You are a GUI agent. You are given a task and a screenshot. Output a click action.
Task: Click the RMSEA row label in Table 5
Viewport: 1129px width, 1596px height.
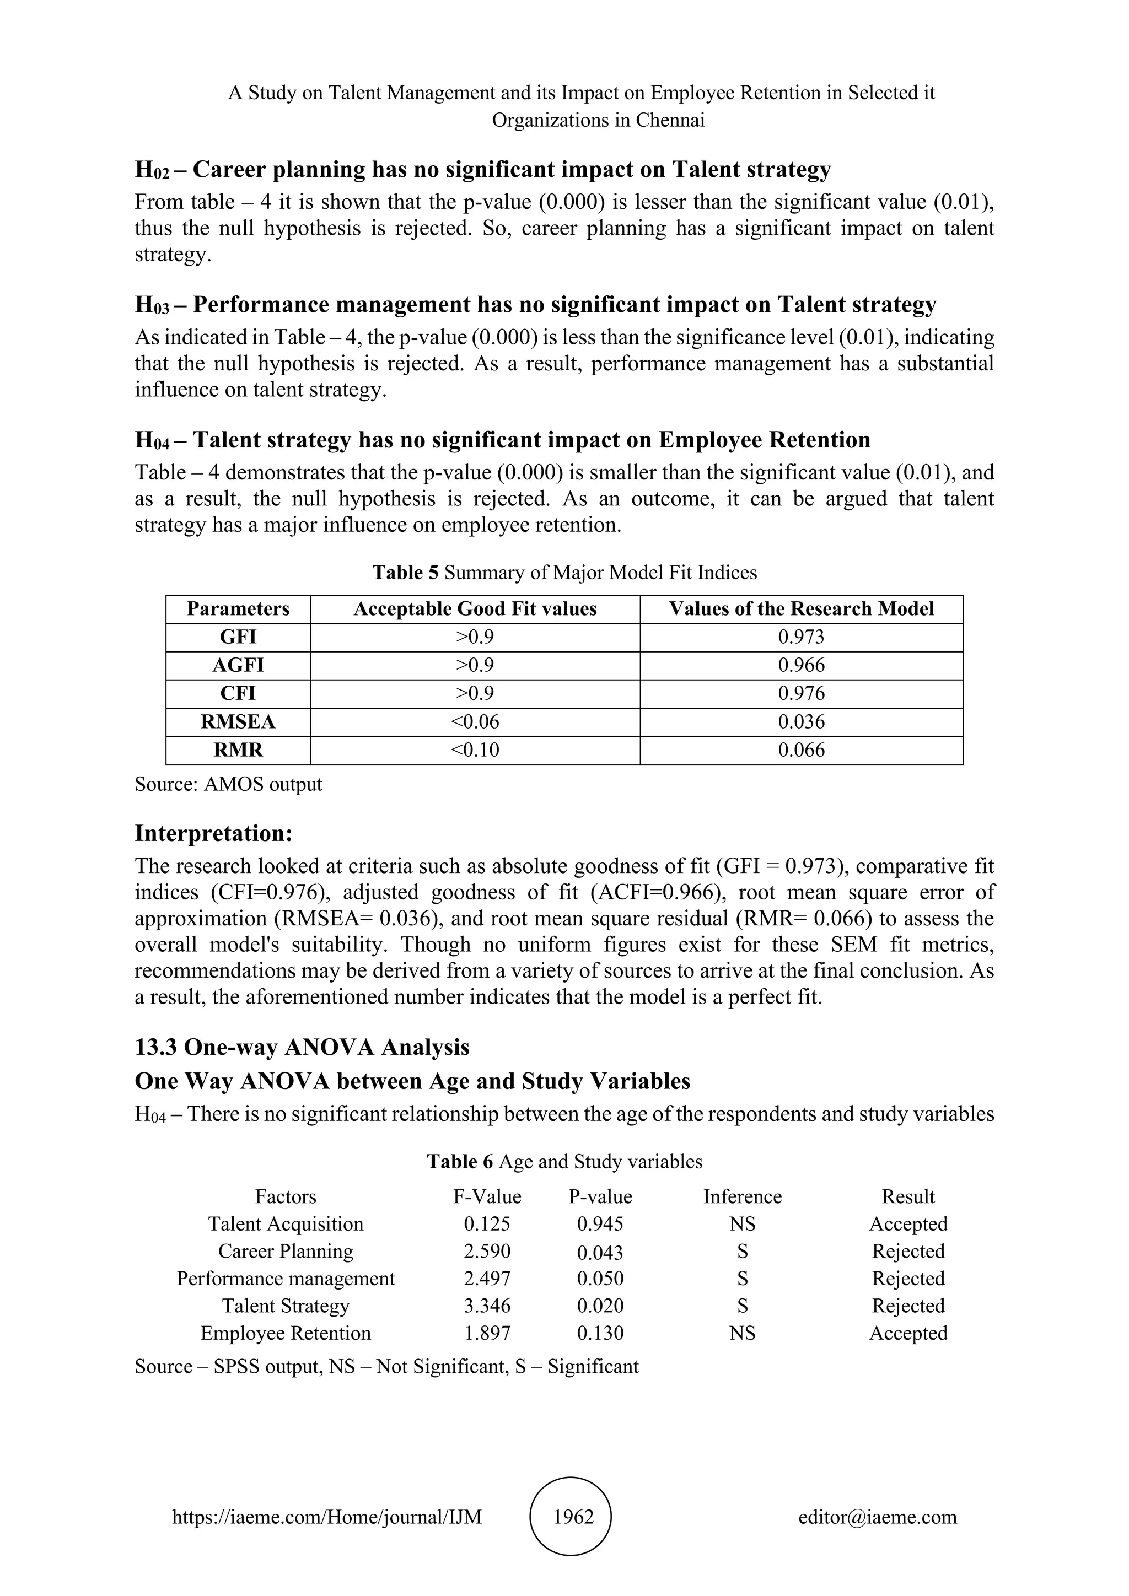[238, 721]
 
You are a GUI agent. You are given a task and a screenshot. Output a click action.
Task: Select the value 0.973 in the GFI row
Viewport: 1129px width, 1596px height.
[801, 637]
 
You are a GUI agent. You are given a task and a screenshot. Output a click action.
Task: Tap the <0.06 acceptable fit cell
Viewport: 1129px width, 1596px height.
[475, 721]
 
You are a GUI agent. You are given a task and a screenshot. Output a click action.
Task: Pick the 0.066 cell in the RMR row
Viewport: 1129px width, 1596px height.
[801, 750]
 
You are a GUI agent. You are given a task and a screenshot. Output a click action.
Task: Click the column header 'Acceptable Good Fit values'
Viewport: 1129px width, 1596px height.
[475, 609]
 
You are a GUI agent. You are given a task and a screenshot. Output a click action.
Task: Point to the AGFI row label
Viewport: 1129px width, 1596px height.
[238, 665]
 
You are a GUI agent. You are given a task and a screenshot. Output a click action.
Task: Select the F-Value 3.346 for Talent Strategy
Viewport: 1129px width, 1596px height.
[487, 1306]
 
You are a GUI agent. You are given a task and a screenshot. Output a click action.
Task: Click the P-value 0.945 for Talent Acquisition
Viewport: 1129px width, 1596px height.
[600, 1223]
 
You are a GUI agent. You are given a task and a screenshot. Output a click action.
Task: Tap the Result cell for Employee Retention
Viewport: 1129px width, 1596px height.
[908, 1333]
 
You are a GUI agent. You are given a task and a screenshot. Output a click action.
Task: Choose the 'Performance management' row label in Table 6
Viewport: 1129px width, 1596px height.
[285, 1279]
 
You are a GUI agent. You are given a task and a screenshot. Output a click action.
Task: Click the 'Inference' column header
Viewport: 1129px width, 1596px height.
[742, 1196]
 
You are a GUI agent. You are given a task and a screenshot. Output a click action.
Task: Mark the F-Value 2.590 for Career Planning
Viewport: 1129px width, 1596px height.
[487, 1251]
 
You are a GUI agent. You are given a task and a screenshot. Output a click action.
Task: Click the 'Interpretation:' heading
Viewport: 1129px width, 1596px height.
[213, 833]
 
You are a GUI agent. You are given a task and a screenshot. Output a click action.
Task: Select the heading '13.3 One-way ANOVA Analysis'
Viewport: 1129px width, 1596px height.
[302, 1047]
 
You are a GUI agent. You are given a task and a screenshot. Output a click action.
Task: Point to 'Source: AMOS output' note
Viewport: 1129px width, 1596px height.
[228, 784]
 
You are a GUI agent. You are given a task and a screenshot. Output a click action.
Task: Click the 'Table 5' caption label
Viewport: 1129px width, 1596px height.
[405, 572]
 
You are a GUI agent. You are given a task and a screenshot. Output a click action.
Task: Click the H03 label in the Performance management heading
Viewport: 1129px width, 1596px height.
[152, 305]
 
